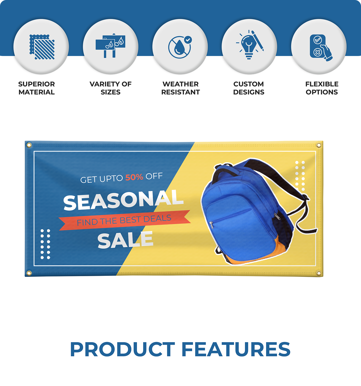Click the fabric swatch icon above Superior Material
click(42, 47)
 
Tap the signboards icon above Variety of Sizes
click(110, 46)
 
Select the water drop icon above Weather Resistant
click(180, 47)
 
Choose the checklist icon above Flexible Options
click(321, 48)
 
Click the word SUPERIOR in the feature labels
click(36, 84)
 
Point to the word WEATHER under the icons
click(180, 84)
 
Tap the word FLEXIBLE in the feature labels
click(322, 84)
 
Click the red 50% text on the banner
click(134, 177)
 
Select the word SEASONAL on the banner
click(123, 200)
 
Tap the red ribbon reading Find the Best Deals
click(124, 220)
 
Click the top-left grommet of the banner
click(29, 145)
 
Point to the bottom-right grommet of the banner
click(319, 273)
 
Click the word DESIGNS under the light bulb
click(249, 92)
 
